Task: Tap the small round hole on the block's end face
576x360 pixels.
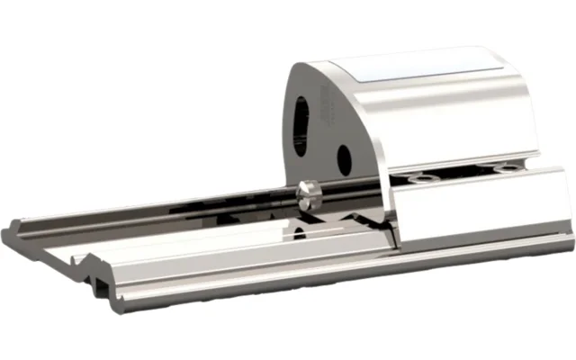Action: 343,158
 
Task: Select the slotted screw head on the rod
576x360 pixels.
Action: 307,196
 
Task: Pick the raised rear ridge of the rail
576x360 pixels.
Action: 135,212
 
